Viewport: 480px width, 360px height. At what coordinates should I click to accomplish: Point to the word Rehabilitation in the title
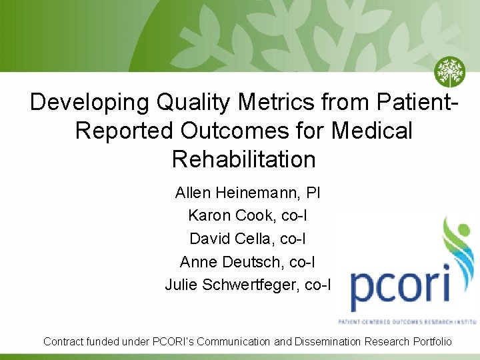pyautogui.click(x=243, y=159)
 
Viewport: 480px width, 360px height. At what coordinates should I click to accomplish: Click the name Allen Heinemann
pyautogui.click(x=236, y=193)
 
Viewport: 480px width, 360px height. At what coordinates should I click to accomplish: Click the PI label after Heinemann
pyautogui.click(x=313, y=193)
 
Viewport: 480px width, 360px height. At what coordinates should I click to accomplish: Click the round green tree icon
pyautogui.click(x=449, y=72)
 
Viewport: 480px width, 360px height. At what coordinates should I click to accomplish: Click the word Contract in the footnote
pyautogui.click(x=64, y=341)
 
